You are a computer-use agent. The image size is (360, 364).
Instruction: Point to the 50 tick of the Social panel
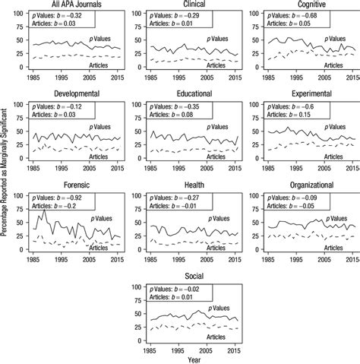(134, 315)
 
